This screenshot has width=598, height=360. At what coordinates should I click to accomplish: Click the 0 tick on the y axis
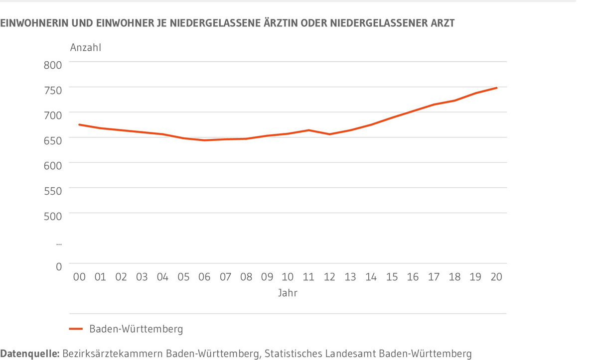pyautogui.click(x=58, y=267)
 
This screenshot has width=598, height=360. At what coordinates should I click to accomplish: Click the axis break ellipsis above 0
pyautogui.click(x=59, y=243)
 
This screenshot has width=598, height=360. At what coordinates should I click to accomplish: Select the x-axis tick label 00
pyautogui.click(x=79, y=277)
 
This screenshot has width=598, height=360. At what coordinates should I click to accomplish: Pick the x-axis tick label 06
pyautogui.click(x=204, y=277)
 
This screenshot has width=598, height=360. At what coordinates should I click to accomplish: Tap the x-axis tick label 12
pyautogui.click(x=329, y=277)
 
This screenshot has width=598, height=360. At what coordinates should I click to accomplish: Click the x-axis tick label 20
pyautogui.click(x=496, y=277)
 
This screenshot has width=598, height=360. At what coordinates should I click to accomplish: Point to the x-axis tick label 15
pyautogui.click(x=392, y=277)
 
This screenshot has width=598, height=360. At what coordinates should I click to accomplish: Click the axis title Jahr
pyautogui.click(x=288, y=293)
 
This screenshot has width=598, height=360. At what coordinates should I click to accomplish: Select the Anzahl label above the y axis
pyautogui.click(x=86, y=48)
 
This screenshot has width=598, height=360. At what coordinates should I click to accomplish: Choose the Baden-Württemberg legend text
pyautogui.click(x=136, y=329)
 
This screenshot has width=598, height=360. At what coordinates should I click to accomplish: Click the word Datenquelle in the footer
pyautogui.click(x=29, y=354)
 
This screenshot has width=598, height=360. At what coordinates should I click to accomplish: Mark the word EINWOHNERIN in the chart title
pyautogui.click(x=33, y=23)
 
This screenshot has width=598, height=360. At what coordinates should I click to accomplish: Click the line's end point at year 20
pyautogui.click(x=496, y=88)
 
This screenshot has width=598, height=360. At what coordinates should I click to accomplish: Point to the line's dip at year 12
pyautogui.click(x=329, y=134)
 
